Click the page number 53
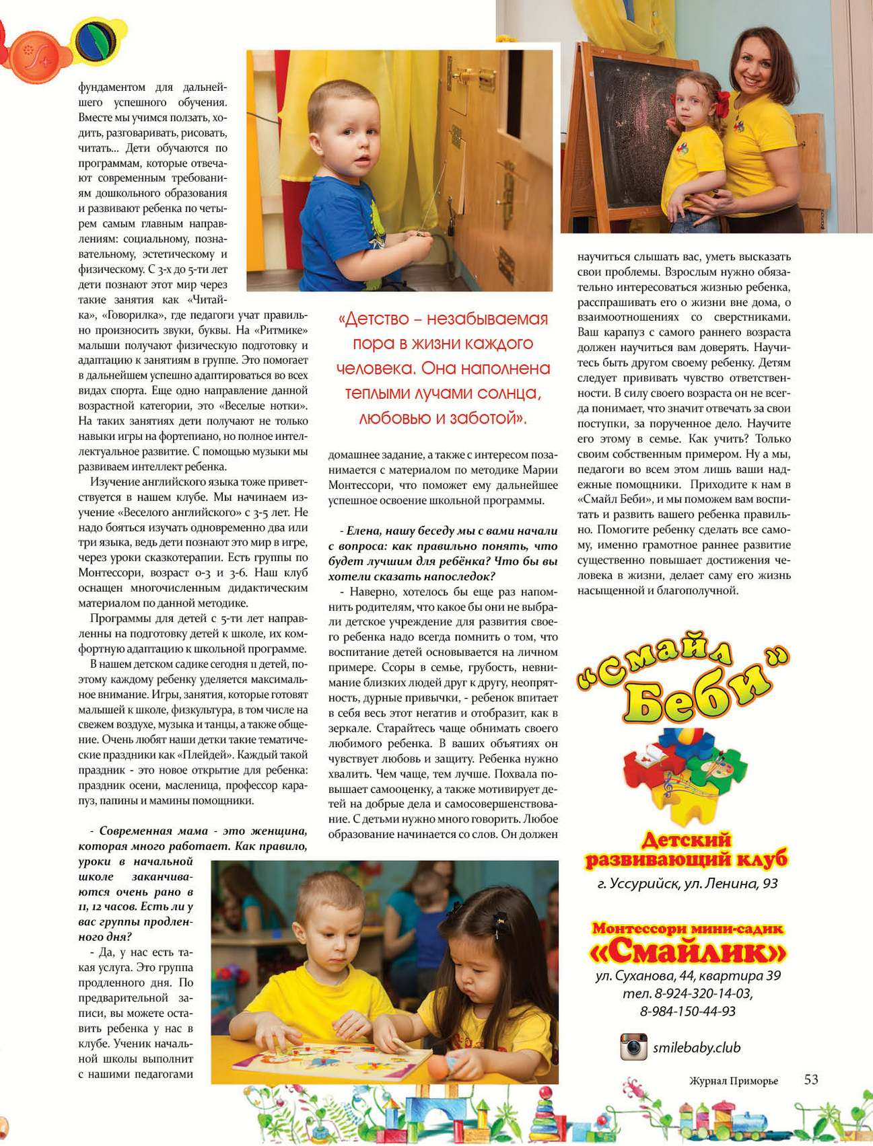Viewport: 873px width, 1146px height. [x=811, y=1079]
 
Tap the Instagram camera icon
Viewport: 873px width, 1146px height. [x=633, y=1047]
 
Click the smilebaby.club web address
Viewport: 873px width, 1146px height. [x=697, y=1048]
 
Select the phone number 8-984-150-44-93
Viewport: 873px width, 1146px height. [x=688, y=1011]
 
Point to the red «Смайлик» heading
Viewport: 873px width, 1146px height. [x=687, y=953]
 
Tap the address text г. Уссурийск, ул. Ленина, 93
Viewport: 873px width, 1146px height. [x=687, y=884]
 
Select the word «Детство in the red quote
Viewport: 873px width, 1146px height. [x=374, y=318]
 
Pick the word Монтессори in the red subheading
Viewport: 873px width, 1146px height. [x=643, y=929]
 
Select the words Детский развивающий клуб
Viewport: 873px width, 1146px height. [x=686, y=850]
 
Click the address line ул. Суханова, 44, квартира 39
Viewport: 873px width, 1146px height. [x=688, y=976]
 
